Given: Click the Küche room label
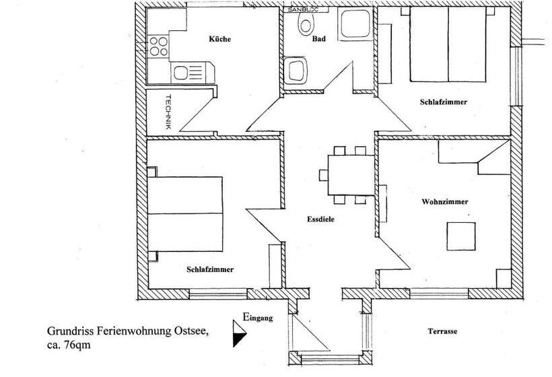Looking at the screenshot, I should coord(219,39).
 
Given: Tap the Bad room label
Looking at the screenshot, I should coord(319,39).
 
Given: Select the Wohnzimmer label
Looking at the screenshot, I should coord(444,201).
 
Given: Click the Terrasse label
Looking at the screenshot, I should coord(442,332).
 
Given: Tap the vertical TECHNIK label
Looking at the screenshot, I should coord(168,112).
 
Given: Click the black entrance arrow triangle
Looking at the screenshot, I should coord(239,334).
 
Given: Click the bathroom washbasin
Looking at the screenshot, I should coord(296,69).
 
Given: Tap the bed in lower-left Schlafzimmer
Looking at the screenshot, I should coord(186,213).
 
